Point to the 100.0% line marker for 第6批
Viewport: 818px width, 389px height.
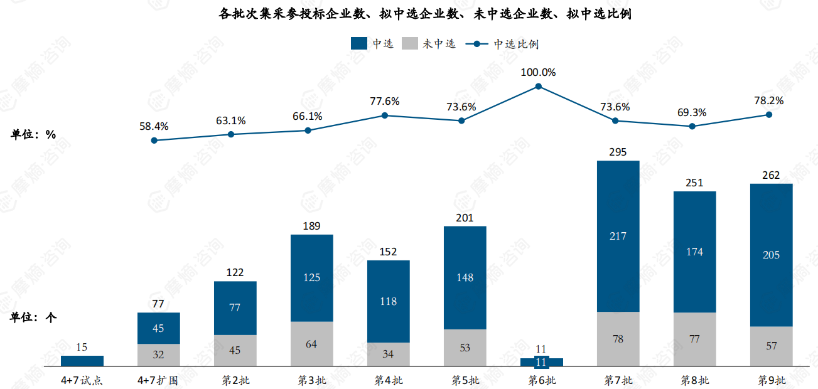pyautogui.click(x=538, y=87)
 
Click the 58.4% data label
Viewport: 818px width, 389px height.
pyautogui.click(x=154, y=126)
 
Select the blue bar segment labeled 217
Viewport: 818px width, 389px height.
pyautogui.click(x=618, y=236)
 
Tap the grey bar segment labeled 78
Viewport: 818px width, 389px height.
pyautogui.click(x=618, y=339)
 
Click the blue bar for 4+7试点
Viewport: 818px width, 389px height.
pyautogui.click(x=82, y=361)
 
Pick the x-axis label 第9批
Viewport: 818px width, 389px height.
pyautogui.click(x=772, y=380)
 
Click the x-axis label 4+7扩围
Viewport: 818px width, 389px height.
pyautogui.click(x=158, y=380)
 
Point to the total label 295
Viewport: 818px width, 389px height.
pyautogui.click(x=618, y=152)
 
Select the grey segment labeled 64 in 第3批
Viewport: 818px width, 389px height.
pyautogui.click(x=311, y=344)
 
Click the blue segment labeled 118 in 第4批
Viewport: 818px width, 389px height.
pyautogui.click(x=388, y=301)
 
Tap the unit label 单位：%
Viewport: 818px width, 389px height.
pyautogui.click(x=33, y=134)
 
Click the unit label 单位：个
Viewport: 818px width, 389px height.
pyautogui.click(x=33, y=317)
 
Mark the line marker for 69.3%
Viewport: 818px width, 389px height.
pyautogui.click(x=692, y=126)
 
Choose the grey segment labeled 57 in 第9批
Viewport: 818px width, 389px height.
pyautogui.click(x=771, y=346)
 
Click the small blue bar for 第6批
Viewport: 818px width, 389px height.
pyautogui.click(x=541, y=362)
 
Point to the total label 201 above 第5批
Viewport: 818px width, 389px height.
pyautogui.click(x=465, y=218)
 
